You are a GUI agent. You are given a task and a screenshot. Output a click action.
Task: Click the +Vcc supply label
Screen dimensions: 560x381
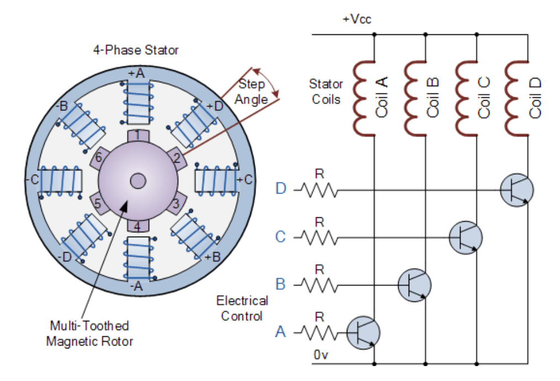[357, 19]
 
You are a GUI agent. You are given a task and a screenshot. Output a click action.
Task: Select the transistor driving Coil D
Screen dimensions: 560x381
[517, 190]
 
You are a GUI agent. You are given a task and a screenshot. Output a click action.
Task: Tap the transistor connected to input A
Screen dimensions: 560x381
[363, 333]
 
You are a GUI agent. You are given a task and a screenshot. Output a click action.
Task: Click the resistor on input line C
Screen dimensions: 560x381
[319, 238]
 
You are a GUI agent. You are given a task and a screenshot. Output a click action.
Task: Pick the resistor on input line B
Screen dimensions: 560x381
[319, 285]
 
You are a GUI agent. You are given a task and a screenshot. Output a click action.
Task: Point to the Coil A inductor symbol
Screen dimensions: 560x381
[364, 98]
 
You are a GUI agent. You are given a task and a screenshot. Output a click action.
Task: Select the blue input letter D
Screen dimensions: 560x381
[281, 189]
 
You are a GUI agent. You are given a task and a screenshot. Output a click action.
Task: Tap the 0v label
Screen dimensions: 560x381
[320, 355]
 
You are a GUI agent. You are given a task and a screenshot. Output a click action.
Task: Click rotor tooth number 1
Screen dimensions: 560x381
[138, 135]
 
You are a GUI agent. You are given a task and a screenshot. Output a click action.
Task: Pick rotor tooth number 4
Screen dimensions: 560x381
[138, 226]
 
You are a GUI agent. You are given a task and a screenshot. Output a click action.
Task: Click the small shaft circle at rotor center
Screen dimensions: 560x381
[138, 181]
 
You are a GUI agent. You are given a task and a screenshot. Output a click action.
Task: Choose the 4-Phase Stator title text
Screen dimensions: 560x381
[136, 50]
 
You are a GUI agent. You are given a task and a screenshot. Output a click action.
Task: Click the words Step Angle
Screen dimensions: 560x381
[251, 92]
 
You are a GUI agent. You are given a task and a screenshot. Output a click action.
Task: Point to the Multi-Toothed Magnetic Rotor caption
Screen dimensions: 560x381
[89, 333]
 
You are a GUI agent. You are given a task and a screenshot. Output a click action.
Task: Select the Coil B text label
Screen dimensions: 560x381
[433, 97]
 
